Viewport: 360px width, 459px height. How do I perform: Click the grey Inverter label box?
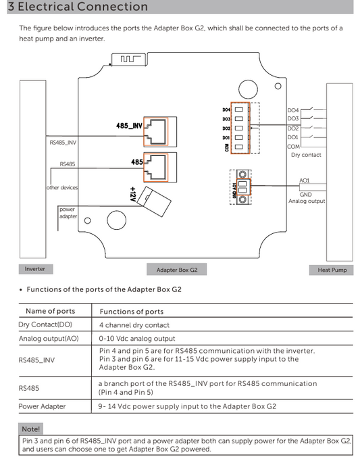35,269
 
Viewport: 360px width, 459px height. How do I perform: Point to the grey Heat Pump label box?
332,270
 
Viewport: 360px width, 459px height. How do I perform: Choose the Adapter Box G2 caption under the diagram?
177,270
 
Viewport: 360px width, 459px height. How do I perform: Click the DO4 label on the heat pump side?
293,110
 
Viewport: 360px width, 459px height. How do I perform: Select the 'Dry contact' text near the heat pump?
306,155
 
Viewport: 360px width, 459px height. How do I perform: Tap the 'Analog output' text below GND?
307,201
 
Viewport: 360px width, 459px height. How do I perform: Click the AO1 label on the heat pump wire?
304,180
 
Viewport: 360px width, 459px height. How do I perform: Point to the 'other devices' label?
62,187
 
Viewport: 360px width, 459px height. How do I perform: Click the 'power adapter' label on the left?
68,213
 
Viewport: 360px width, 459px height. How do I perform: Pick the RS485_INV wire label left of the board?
63,143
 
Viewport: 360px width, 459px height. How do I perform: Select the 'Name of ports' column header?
50,311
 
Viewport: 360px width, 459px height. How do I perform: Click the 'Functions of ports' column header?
131,312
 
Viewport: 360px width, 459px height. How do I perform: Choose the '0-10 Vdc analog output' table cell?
137,339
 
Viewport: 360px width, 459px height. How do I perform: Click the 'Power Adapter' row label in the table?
42,406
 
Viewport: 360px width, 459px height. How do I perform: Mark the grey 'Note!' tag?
31,429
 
